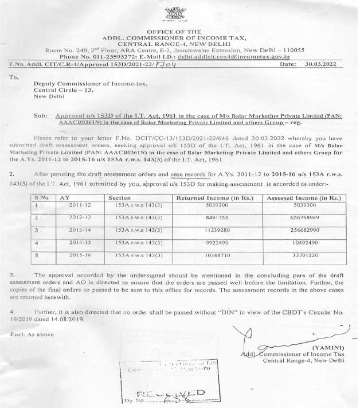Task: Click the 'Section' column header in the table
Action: [x=119, y=197]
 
